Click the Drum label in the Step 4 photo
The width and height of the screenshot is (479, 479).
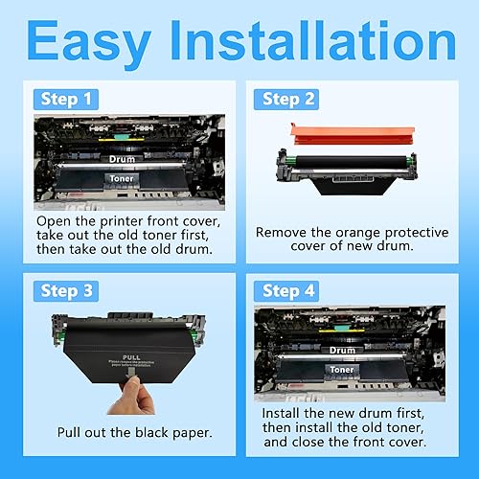[341, 350]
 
